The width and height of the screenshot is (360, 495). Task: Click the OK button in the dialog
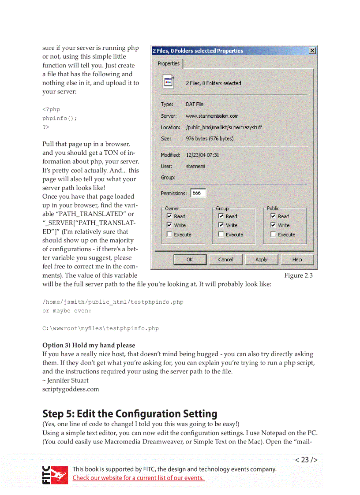pyautogui.click(x=190, y=260)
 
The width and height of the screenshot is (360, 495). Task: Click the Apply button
pyautogui.click(x=261, y=260)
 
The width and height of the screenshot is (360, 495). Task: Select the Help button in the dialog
pyautogui.click(x=297, y=260)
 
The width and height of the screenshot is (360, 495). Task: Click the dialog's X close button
pyautogui.click(x=312, y=51)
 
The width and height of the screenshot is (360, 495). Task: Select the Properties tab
pyautogui.click(x=169, y=63)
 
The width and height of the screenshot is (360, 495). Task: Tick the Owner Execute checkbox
pyautogui.click(x=169, y=234)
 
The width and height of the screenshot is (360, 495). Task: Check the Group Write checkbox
pyautogui.click(x=221, y=225)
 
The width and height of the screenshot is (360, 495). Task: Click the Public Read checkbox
pyautogui.click(x=273, y=216)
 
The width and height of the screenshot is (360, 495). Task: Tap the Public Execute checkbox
pyautogui.click(x=273, y=234)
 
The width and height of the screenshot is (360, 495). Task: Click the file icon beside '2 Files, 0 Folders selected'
pyautogui.click(x=168, y=82)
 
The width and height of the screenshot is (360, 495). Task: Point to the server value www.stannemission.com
pyautogui.click(x=212, y=116)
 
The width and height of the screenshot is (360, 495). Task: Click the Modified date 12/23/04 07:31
pyautogui.click(x=202, y=155)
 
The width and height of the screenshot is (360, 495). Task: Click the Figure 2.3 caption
pyautogui.click(x=298, y=275)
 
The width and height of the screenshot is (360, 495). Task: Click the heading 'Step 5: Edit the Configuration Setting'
pyautogui.click(x=130, y=414)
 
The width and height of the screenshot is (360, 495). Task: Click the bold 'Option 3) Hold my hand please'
pyautogui.click(x=89, y=345)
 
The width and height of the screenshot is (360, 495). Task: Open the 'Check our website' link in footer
pyautogui.click(x=138, y=478)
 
